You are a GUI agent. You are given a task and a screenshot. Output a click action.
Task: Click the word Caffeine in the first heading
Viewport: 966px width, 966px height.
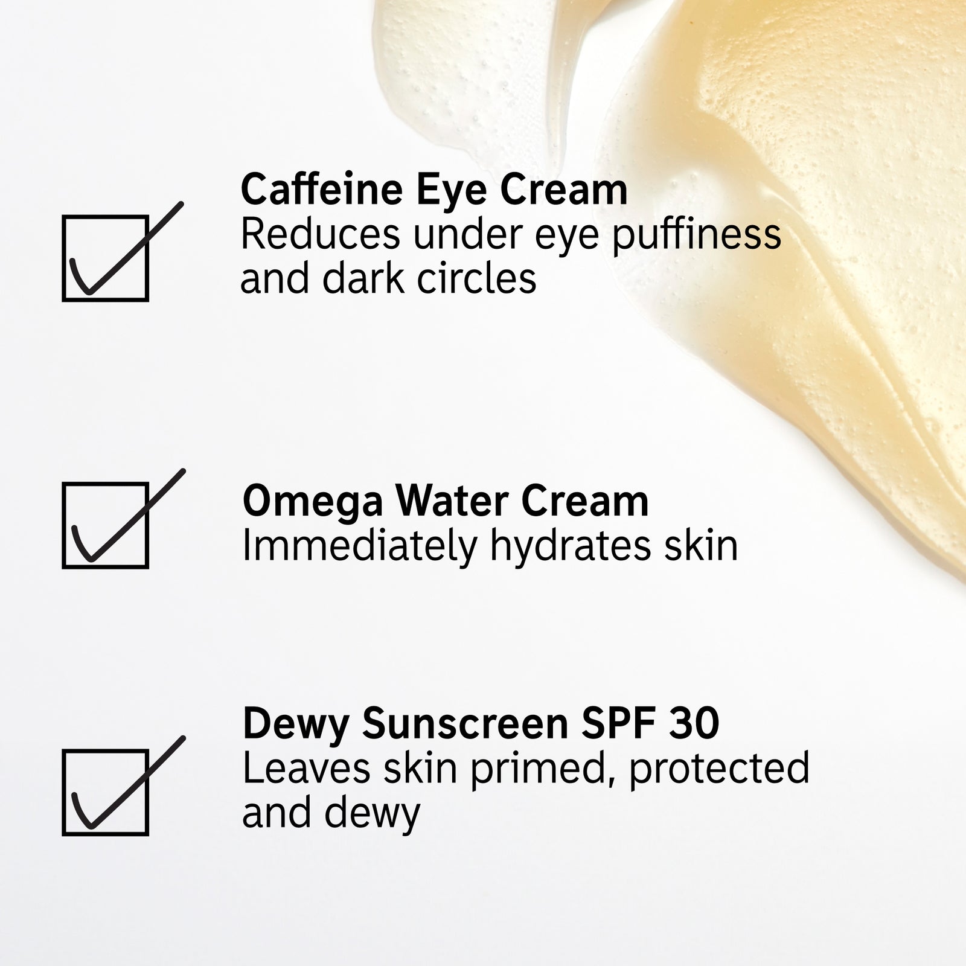click(322, 189)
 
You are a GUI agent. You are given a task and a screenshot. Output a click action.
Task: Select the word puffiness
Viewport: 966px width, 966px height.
click(697, 235)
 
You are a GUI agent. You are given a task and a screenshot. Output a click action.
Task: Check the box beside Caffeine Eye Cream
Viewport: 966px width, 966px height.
click(106, 258)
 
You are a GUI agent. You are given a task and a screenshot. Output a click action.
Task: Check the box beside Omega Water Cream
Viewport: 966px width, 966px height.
click(106, 525)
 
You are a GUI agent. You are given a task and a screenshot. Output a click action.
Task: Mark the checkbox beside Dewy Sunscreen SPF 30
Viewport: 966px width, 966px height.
click(106, 793)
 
